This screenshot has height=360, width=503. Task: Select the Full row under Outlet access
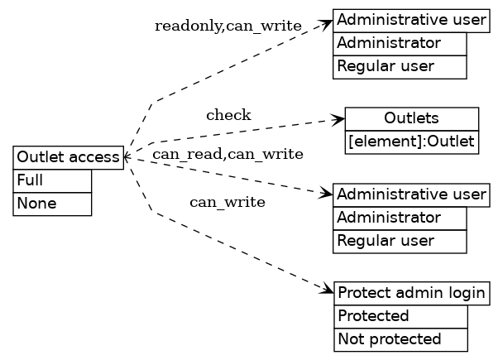click(x=51, y=180)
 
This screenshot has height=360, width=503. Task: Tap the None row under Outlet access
click(x=51, y=204)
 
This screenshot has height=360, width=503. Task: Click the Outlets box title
click(x=411, y=118)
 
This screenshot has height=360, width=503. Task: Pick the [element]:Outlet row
click(x=411, y=142)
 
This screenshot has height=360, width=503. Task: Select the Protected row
click(x=400, y=316)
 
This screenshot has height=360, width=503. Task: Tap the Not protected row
click(x=400, y=339)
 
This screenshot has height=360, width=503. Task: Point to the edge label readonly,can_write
click(x=228, y=26)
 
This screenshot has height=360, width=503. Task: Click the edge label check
click(x=228, y=115)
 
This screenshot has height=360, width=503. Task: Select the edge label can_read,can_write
click(x=228, y=154)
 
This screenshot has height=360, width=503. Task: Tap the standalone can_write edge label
click(x=228, y=202)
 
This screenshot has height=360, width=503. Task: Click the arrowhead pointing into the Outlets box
click(x=338, y=120)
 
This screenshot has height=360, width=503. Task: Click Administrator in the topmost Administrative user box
click(x=400, y=43)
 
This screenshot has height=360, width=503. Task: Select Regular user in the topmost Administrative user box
click(x=400, y=66)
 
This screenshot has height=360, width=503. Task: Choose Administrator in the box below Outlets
click(x=400, y=218)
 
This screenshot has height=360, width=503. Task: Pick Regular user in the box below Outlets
click(x=400, y=241)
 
